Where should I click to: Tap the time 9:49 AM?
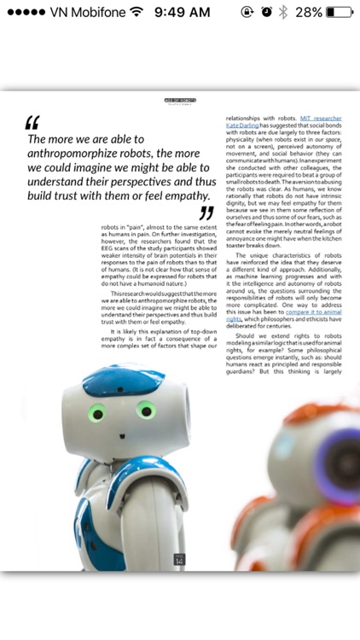pos(182,12)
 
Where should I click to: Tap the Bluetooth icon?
pos(283,12)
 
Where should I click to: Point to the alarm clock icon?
pos(266,12)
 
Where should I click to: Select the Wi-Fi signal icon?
pos(136,12)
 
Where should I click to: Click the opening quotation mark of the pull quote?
pos(33,124)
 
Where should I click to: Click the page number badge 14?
pos(179,559)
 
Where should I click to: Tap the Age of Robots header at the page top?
pos(180,100)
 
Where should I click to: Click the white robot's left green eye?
pos(96,415)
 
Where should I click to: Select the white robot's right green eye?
pos(147,412)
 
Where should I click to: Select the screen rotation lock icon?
pos(247,12)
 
